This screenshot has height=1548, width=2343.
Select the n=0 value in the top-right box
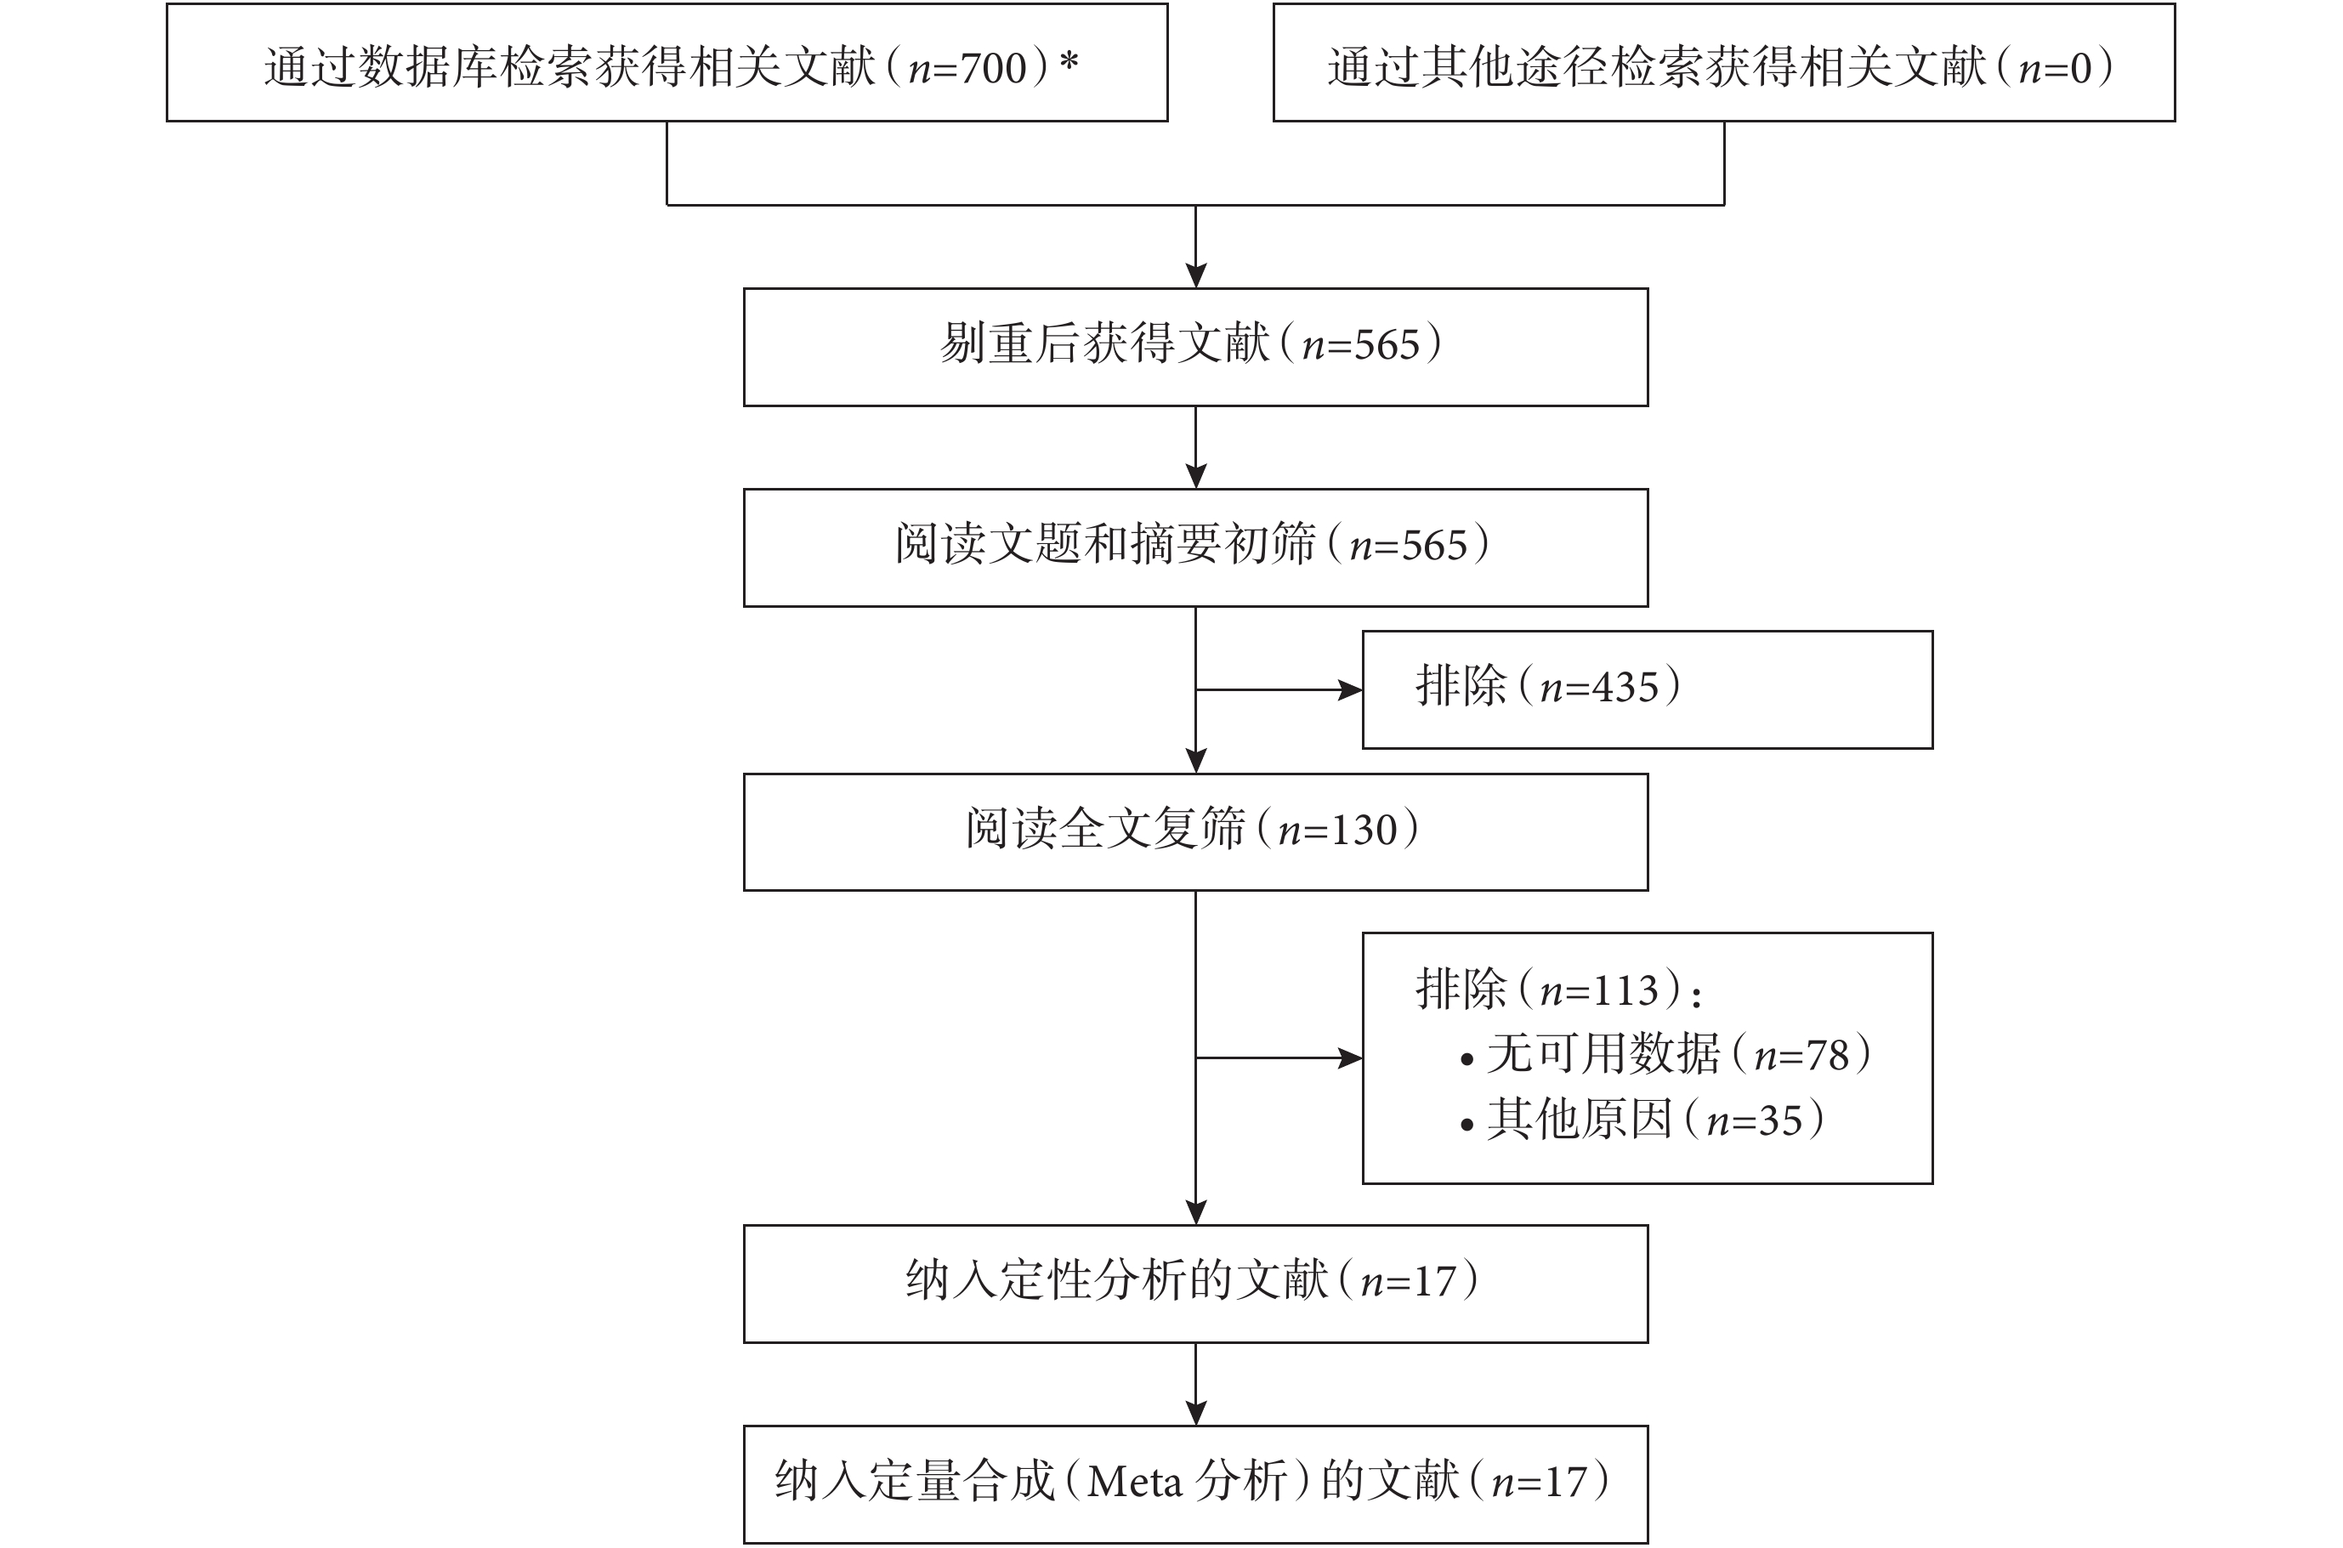click(2056, 68)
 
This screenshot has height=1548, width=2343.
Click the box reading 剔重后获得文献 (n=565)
click(1195, 347)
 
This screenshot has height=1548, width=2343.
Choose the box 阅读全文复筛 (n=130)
click(1195, 831)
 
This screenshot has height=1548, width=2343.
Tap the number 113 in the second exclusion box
click(1625, 990)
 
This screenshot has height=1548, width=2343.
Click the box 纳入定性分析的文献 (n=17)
click(1195, 1284)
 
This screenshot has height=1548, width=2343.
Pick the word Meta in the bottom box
click(1133, 1482)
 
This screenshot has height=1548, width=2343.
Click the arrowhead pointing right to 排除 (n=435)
click(1351, 690)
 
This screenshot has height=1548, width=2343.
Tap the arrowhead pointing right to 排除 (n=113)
click(1351, 1058)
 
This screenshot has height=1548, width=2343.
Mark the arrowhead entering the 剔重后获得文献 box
click(1195, 275)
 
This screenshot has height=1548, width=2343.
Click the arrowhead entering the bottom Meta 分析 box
click(1195, 1413)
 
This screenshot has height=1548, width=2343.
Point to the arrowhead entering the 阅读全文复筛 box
click(1195, 760)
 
